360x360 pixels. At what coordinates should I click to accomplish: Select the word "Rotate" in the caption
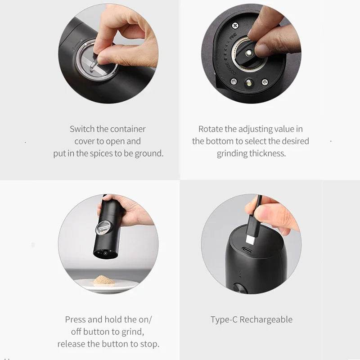click(211, 129)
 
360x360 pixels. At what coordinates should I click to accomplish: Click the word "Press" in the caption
click(75, 319)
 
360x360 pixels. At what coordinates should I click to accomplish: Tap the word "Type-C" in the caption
click(224, 320)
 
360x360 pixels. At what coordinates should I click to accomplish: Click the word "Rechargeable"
click(266, 320)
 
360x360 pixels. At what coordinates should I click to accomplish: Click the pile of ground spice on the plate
click(104, 280)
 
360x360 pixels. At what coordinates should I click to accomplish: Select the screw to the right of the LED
click(265, 82)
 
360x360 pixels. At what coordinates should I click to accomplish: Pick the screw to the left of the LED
click(233, 81)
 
